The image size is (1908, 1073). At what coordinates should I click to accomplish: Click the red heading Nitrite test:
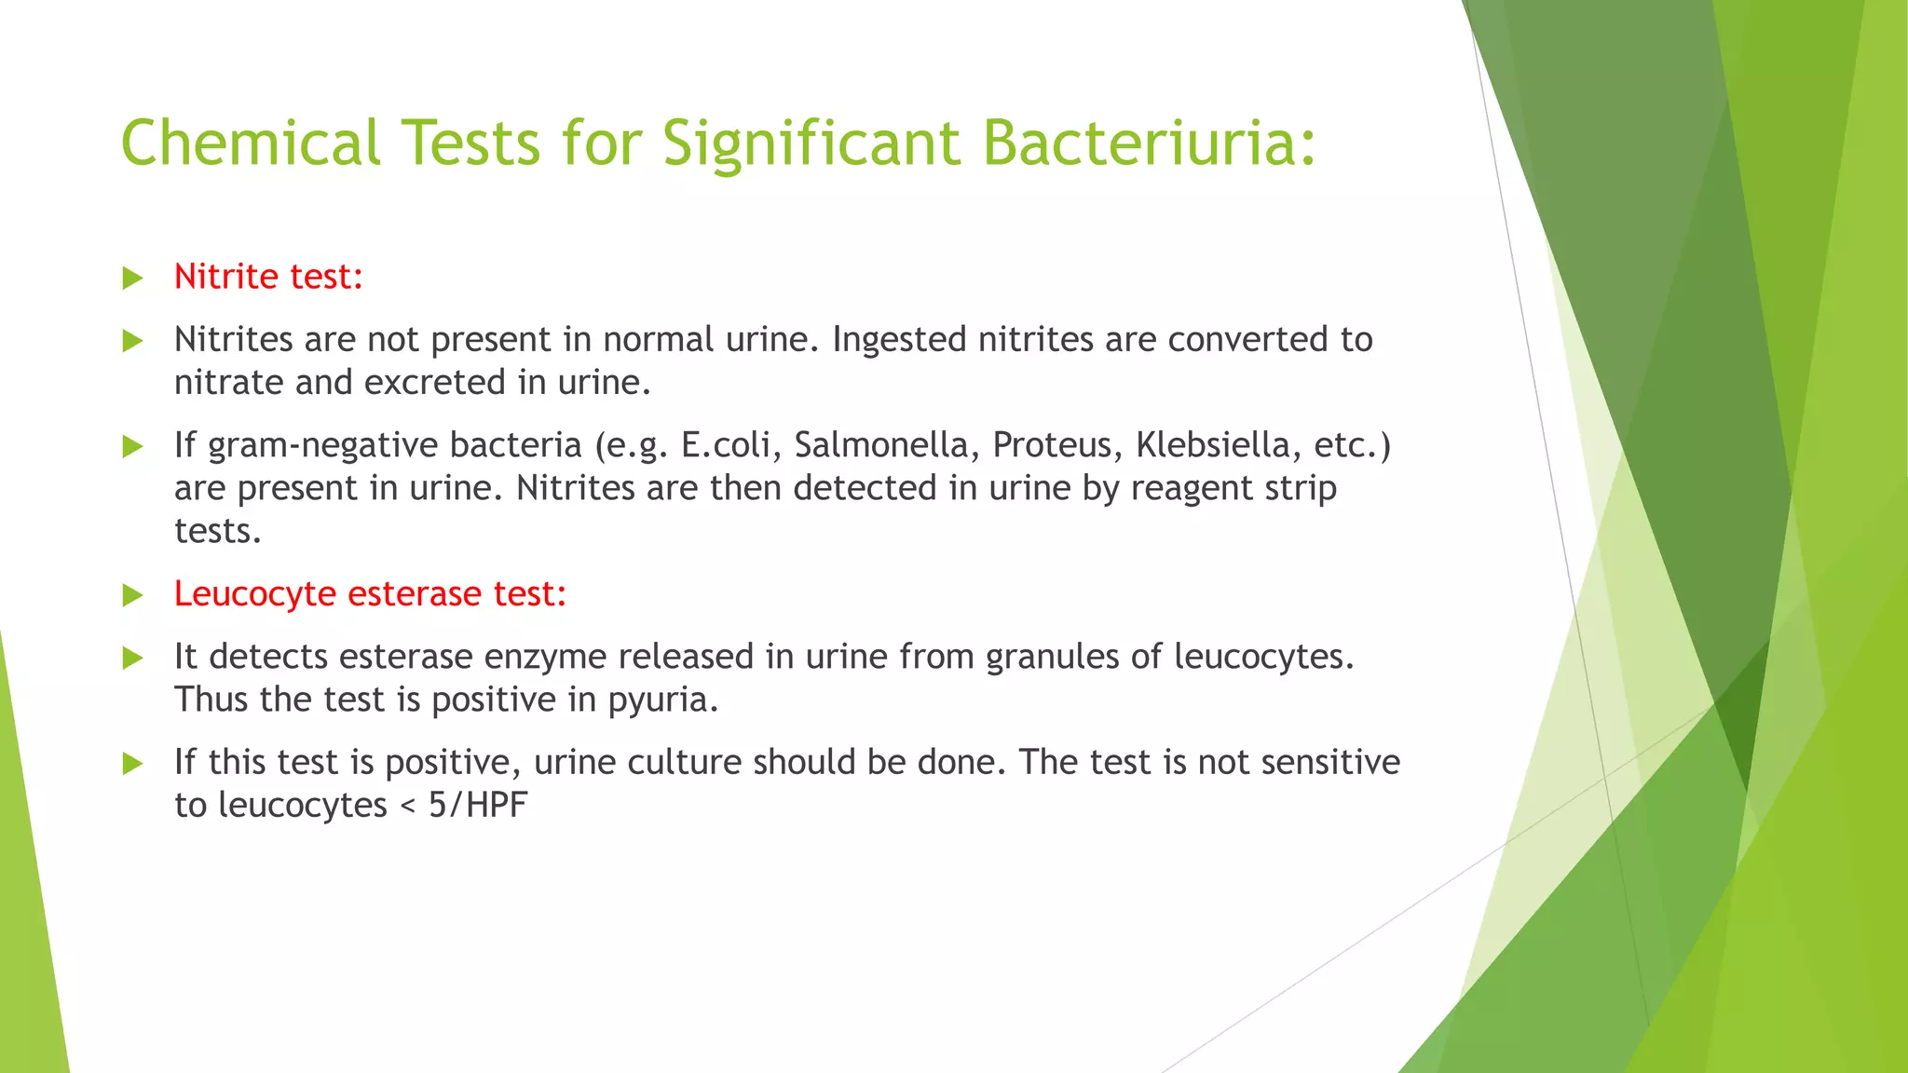pos(268,277)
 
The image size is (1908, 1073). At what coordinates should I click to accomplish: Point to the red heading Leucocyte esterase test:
pos(370,594)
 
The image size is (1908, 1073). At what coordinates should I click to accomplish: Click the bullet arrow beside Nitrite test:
pos(133,278)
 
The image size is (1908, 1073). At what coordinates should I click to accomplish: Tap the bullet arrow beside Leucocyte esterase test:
pos(133,595)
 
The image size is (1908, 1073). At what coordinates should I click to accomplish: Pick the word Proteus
pos(1052,445)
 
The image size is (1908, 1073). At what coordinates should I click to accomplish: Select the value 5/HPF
pos(478,805)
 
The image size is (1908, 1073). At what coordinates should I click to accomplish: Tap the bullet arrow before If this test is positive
pos(133,764)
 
